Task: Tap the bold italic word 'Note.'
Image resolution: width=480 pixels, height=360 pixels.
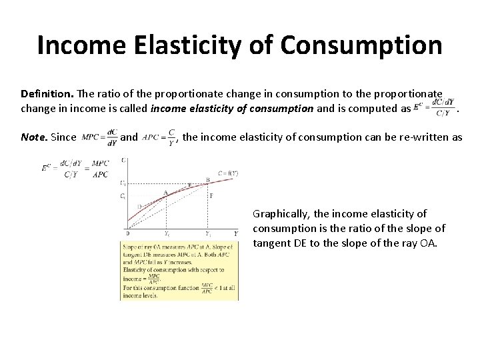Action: coord(34,137)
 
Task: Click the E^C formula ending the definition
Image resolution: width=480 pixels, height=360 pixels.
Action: coord(434,106)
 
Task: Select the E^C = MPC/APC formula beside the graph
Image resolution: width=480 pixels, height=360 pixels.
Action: coord(75,169)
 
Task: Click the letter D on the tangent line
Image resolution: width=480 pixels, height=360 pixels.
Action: coord(139,205)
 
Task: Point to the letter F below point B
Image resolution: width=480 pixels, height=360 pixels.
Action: coord(211,196)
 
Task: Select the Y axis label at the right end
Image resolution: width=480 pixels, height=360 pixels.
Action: coord(235,233)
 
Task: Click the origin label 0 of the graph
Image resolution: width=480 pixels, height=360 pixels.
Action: coord(127,233)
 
